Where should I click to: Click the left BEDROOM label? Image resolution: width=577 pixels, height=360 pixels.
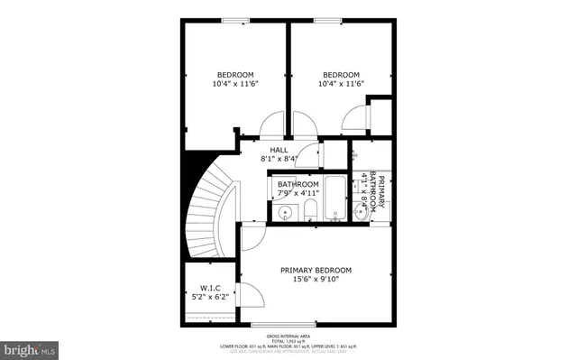[235, 75]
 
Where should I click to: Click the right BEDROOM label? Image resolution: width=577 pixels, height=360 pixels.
[341, 75]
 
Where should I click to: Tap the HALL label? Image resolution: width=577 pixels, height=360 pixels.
[279, 151]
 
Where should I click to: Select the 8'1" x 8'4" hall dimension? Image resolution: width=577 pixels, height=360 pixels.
[279, 160]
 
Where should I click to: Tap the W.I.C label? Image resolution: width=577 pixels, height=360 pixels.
[210, 288]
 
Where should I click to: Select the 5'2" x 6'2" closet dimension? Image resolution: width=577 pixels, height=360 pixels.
[210, 296]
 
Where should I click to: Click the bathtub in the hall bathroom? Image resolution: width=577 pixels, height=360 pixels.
[334, 200]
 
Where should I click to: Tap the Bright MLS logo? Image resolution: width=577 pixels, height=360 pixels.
[30, 347]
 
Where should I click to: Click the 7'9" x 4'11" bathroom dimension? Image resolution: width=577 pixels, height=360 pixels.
[298, 193]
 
